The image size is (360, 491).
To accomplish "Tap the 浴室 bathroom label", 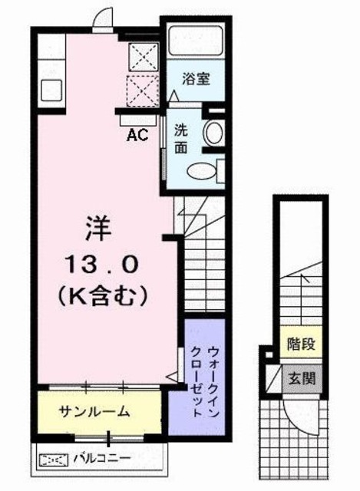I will (x=197, y=79).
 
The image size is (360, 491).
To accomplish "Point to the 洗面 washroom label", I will (x=180, y=137).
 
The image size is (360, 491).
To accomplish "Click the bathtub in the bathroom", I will (x=196, y=40).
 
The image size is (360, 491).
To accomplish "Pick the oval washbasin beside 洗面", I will (x=213, y=133).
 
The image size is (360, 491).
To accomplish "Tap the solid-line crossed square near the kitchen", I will (x=142, y=55).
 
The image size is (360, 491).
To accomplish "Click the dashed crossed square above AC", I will (x=142, y=90).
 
